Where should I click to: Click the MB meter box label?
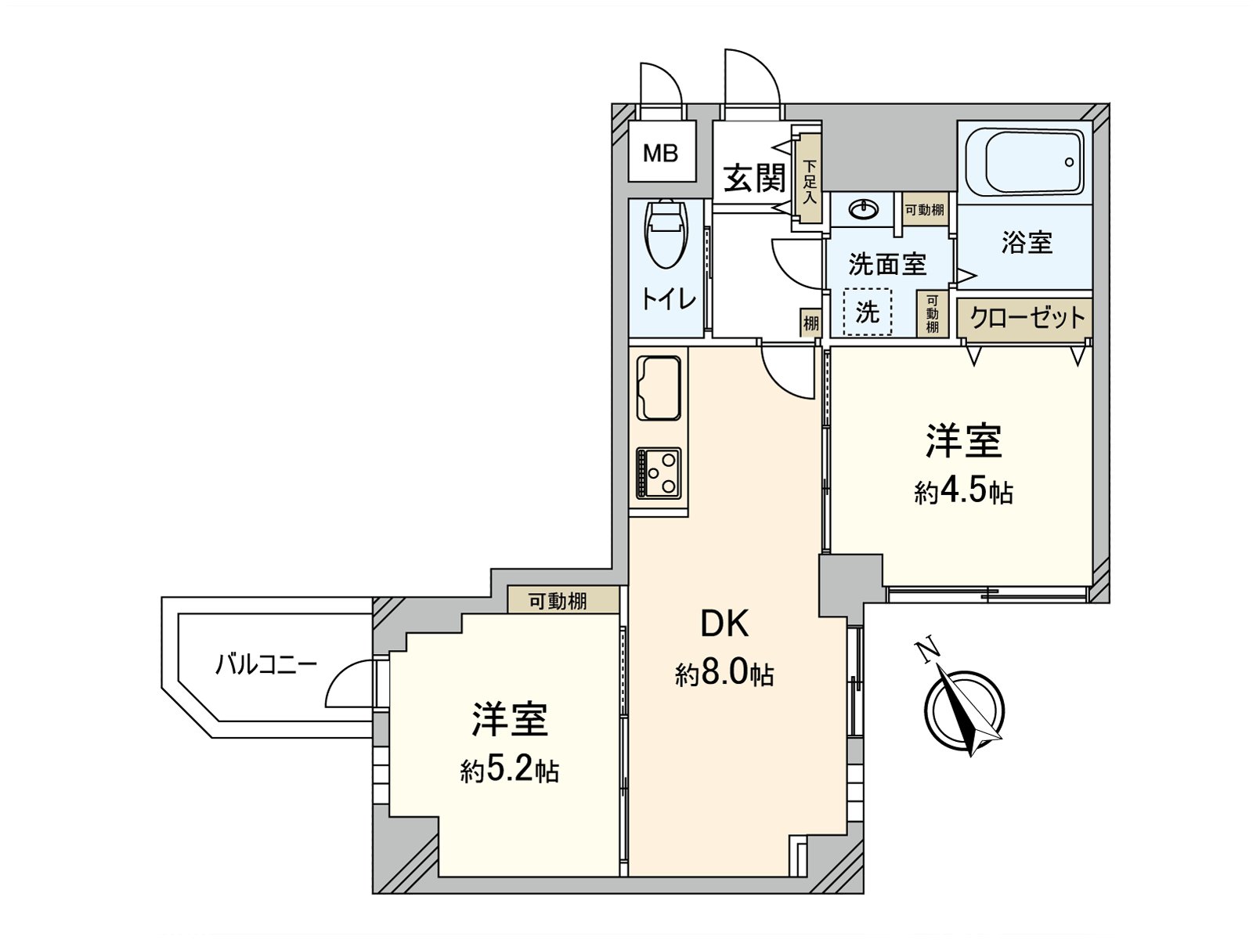click(660, 154)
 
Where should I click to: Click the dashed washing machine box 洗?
click(868, 313)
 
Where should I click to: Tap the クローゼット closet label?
click(1027, 318)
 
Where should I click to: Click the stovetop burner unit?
click(659, 472)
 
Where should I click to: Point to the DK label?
click(724, 624)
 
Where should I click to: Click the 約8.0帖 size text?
click(724, 673)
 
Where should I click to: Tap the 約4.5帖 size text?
click(962, 492)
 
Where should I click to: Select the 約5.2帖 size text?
click(509, 772)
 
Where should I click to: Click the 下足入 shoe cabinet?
click(808, 181)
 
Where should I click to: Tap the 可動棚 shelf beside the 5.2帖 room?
click(557, 602)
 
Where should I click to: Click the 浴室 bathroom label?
click(1026, 243)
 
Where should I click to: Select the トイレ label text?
click(668, 298)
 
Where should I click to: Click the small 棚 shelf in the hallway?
click(810, 323)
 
